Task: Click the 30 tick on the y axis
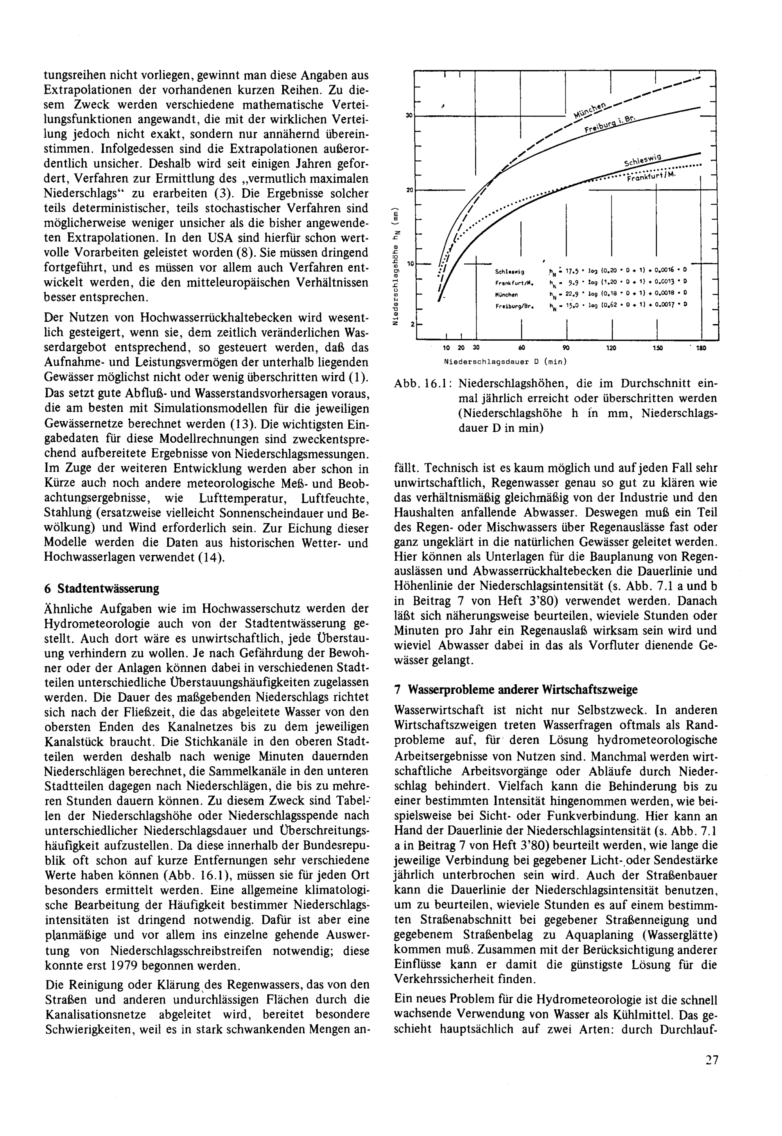(408, 115)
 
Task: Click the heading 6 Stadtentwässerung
(101, 588)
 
